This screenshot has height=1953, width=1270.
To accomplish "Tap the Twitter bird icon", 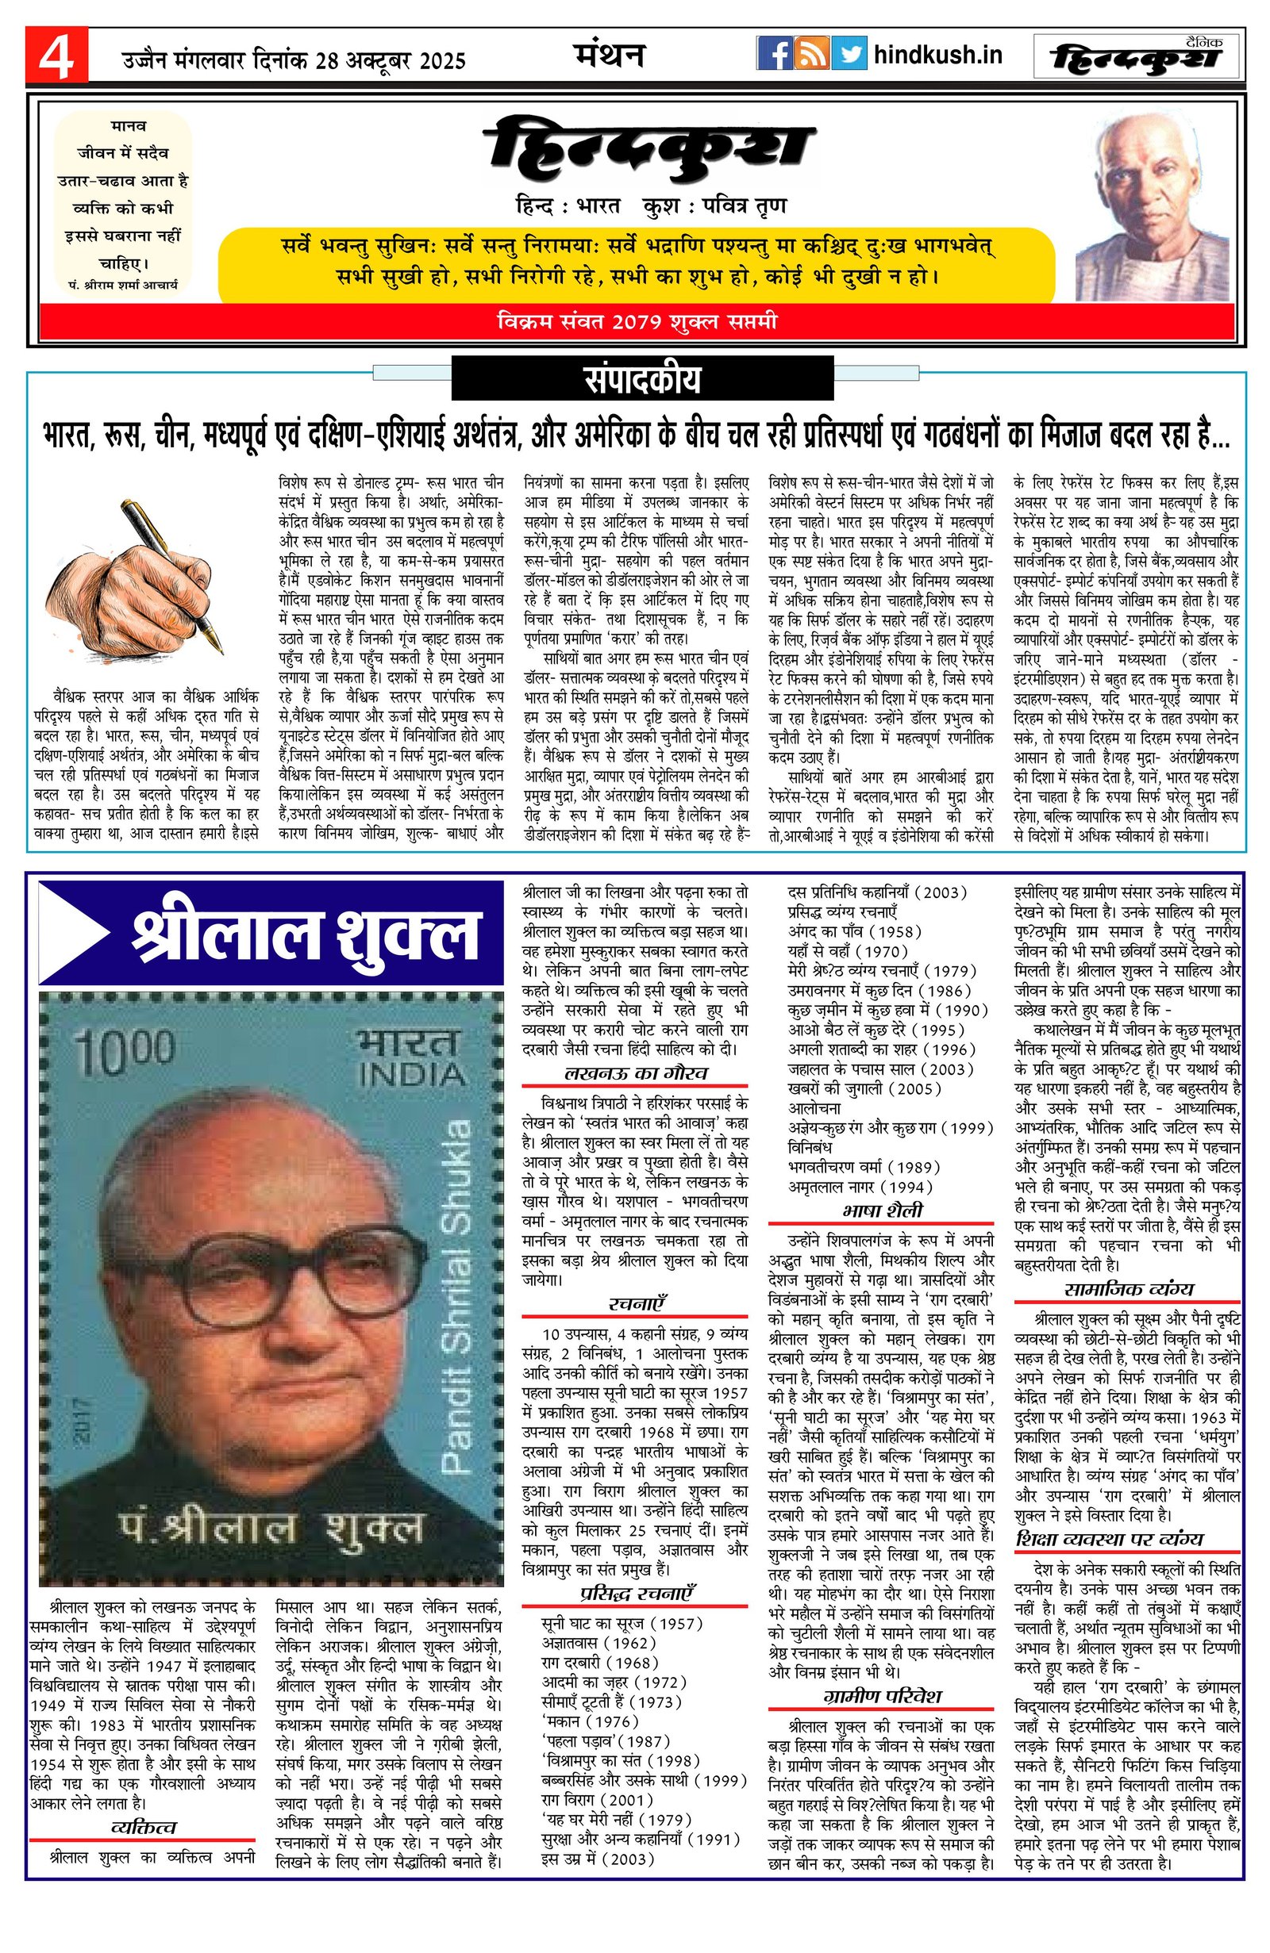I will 849,54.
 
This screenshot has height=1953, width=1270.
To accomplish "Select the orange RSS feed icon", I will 812,54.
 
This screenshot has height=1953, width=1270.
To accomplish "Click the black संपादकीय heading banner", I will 642,381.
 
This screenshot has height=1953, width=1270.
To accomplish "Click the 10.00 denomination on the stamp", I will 125,1051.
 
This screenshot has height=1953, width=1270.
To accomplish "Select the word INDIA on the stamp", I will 411,1074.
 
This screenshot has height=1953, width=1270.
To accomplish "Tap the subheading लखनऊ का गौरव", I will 636,1072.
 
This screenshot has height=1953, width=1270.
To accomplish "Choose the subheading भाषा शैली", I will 882,1211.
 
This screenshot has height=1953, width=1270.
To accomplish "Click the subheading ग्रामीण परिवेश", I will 882,1695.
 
